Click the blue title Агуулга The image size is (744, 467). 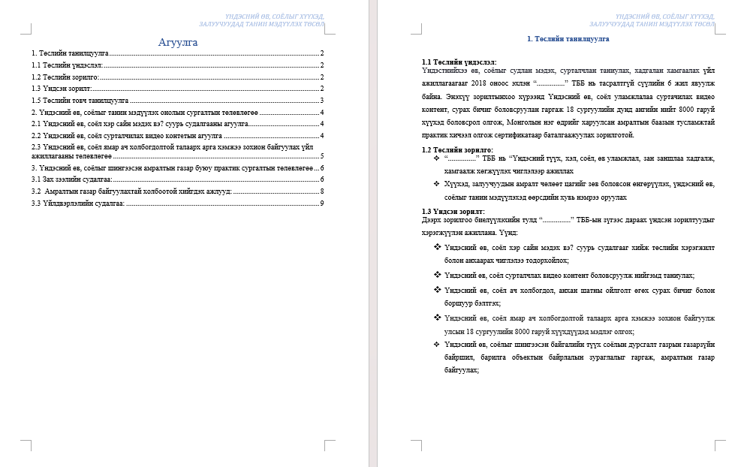coord(178,42)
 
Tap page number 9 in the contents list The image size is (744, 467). coord(321,203)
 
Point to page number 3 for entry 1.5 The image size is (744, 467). coord(321,100)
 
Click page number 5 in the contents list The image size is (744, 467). coord(321,156)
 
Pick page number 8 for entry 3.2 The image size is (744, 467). coord(321,191)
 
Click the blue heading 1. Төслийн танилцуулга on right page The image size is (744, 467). coord(568,38)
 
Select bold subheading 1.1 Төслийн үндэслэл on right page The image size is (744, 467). coord(459,62)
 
